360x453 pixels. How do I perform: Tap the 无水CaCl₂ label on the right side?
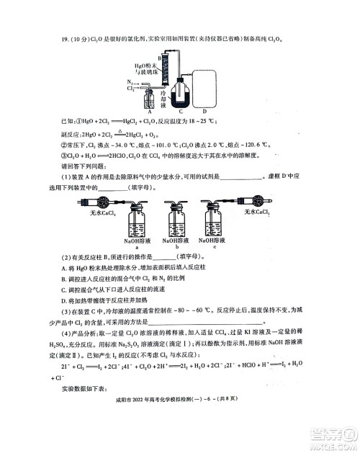256,212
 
